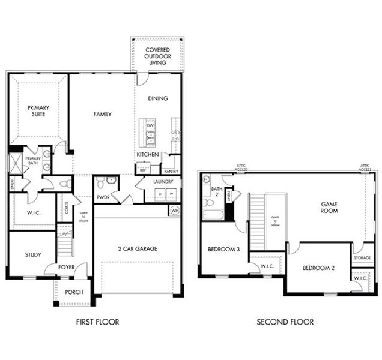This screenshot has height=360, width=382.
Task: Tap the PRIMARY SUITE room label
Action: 37,111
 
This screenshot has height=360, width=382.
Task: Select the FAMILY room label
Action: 102,114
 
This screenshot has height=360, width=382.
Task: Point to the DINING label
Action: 157,98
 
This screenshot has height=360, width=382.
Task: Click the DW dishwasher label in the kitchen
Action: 150,125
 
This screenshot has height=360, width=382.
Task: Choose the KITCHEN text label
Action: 148,155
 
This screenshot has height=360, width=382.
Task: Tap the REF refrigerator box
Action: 143,170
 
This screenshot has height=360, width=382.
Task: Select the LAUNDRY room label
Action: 163,181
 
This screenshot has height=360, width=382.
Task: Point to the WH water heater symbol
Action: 175,211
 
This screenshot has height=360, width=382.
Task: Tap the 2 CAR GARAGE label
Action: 138,248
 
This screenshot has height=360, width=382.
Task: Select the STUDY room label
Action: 33,255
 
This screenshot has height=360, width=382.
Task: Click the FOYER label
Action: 66,267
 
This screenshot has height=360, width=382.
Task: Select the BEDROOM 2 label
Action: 318,268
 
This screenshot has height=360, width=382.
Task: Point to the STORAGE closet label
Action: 362,258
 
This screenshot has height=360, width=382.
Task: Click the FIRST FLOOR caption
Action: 97,322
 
